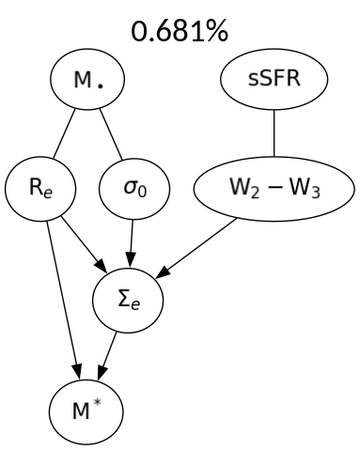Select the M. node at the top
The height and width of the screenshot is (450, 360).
(x=89, y=83)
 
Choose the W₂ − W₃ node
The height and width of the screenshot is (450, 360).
(x=274, y=189)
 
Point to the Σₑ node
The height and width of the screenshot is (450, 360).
(x=129, y=300)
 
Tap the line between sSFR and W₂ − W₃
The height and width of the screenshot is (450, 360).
(x=274, y=135)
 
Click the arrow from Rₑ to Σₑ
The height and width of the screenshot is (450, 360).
(x=82, y=241)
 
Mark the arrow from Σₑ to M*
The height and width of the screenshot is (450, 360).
(x=110, y=352)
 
